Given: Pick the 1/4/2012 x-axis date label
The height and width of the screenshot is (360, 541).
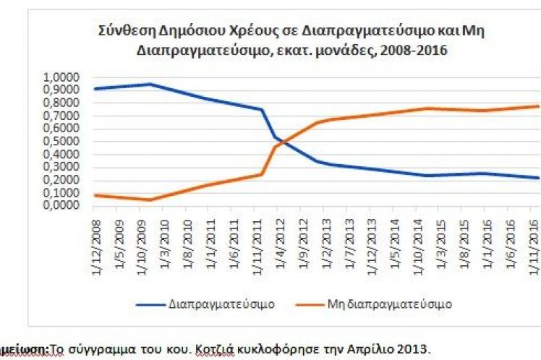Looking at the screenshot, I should pos(278,232).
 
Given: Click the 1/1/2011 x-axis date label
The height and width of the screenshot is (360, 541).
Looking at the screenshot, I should pos(208,232).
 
